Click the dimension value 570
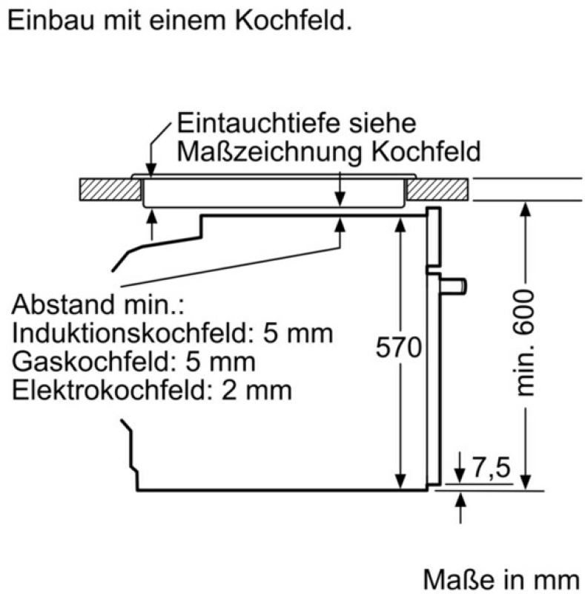point(398,347)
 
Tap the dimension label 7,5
point(492,467)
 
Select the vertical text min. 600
point(525,343)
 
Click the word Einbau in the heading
point(51,20)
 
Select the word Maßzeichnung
point(269,152)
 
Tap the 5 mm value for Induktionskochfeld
point(298,333)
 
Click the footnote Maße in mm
point(501,579)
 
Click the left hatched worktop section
point(110,189)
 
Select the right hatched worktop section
point(437,189)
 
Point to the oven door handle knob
point(453,287)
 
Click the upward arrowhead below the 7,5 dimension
point(460,500)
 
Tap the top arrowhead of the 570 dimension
point(400,225)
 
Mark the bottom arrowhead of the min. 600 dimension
point(525,482)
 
